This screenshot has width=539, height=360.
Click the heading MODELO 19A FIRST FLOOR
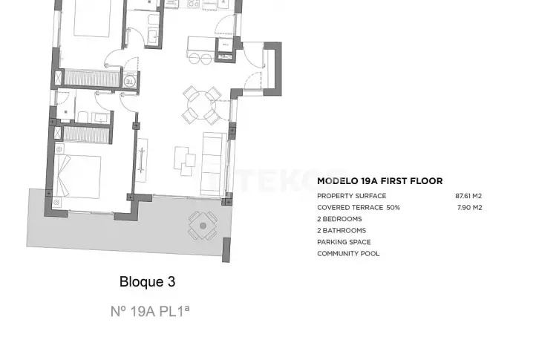pos(380,181)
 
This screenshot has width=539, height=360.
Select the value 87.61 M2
pos(468,196)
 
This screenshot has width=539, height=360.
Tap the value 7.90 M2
pos(469,208)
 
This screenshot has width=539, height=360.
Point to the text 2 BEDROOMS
pos(339,219)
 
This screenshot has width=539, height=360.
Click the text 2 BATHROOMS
pos(342,231)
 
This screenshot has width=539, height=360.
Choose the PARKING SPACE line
pos(344,242)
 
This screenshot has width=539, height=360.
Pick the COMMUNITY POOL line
pos(348,254)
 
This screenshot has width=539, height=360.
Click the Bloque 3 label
pos(148,281)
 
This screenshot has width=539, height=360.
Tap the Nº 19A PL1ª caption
pos(150,311)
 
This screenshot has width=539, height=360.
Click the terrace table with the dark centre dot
pos(203,226)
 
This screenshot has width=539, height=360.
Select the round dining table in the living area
pos(202,105)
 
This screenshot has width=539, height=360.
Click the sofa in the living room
pos(212,163)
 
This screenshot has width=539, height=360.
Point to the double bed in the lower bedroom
pos(78,177)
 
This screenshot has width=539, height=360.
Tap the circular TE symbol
pos(130,81)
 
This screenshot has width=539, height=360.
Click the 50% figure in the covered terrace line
pos(393,208)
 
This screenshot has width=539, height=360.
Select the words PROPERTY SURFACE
pos(352,196)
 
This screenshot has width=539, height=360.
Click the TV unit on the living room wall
pos(141,160)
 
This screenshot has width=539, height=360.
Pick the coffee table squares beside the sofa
pos(185,161)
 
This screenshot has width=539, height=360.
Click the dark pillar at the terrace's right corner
pos(226,250)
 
